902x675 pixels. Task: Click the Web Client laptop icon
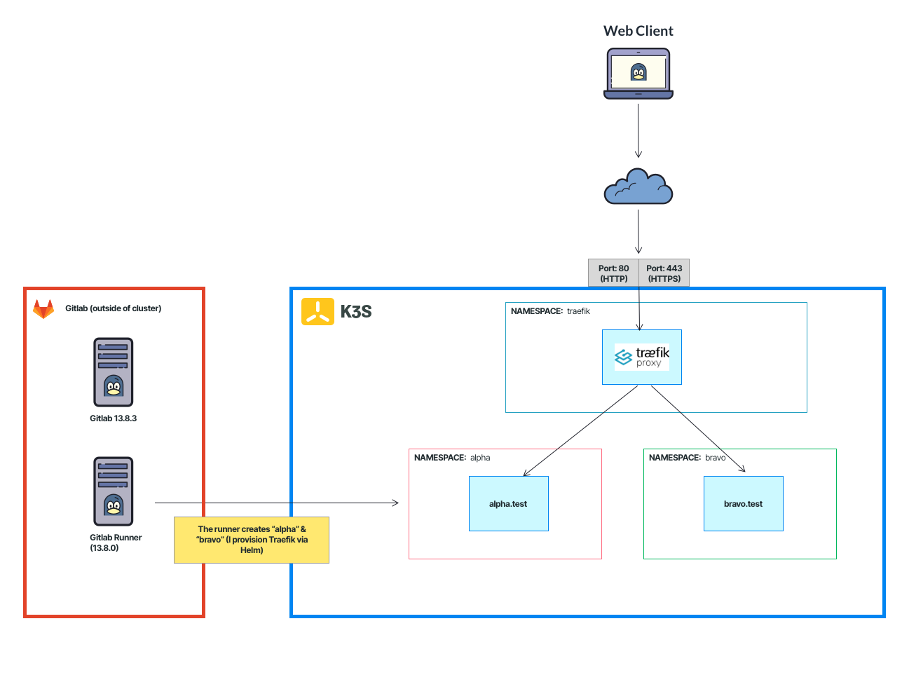tap(638, 74)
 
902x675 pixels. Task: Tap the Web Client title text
tap(638, 31)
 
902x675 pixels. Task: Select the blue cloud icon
tap(638, 187)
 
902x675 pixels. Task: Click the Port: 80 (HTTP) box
tap(613, 273)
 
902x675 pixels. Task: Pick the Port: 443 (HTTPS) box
tap(664, 273)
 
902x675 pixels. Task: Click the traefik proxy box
tap(641, 357)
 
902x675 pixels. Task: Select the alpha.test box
tap(508, 503)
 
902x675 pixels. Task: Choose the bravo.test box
tap(743, 503)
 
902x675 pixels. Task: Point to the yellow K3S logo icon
tap(317, 312)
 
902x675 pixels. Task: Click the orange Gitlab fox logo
tap(43, 308)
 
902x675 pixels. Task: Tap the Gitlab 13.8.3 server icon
tap(113, 372)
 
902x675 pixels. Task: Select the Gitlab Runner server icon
tap(113, 491)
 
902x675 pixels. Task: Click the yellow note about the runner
tap(251, 540)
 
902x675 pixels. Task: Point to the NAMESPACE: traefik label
tap(550, 311)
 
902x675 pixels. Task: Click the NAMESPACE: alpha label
tap(452, 458)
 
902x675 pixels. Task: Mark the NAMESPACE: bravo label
tap(687, 458)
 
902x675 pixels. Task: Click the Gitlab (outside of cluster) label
tap(113, 308)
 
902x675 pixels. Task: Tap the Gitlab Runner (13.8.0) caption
tap(116, 543)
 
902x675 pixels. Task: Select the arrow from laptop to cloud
tap(638, 131)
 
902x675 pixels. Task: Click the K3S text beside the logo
tap(355, 312)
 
